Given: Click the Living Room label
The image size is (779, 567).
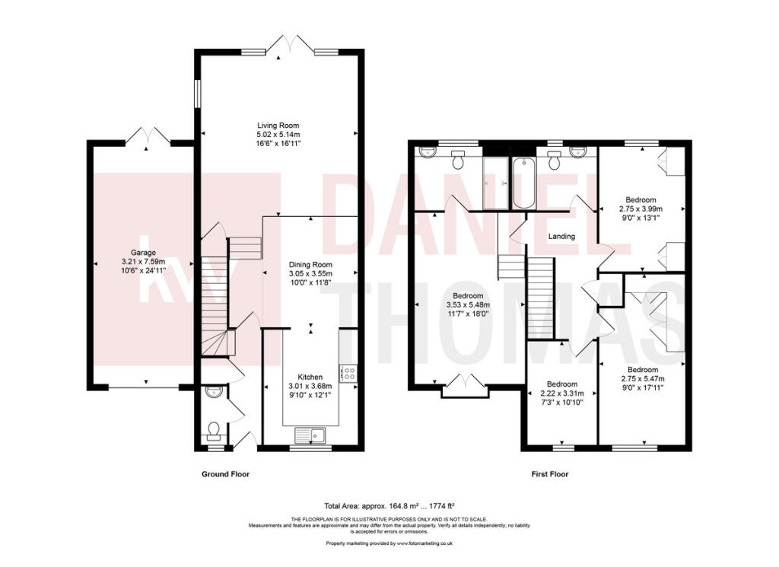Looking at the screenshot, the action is (x=278, y=126).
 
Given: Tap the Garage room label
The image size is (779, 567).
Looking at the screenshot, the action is (x=143, y=253).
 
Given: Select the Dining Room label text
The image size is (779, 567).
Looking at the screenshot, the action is (x=310, y=265).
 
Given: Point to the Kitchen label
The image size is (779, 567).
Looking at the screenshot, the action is (x=310, y=377).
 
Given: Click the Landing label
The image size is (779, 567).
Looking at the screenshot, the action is (x=561, y=236).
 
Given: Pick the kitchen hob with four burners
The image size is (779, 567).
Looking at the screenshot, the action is (x=348, y=373).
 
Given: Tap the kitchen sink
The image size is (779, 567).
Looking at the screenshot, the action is (x=310, y=435).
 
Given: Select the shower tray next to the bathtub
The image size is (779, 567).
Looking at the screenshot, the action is (x=495, y=183).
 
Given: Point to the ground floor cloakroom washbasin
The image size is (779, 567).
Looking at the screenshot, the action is (x=214, y=391).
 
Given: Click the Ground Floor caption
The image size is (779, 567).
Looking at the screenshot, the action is (x=225, y=474).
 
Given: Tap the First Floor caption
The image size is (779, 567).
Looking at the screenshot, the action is (x=550, y=474).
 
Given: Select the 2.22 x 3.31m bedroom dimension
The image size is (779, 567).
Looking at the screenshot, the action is (x=562, y=393).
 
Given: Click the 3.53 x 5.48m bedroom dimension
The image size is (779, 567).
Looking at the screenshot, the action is (x=468, y=305).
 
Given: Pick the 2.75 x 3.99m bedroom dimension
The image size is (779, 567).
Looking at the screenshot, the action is (x=641, y=209).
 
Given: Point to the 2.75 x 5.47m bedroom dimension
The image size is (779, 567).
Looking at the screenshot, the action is (x=643, y=379).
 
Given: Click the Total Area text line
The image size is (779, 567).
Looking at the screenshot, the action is (x=389, y=506).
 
